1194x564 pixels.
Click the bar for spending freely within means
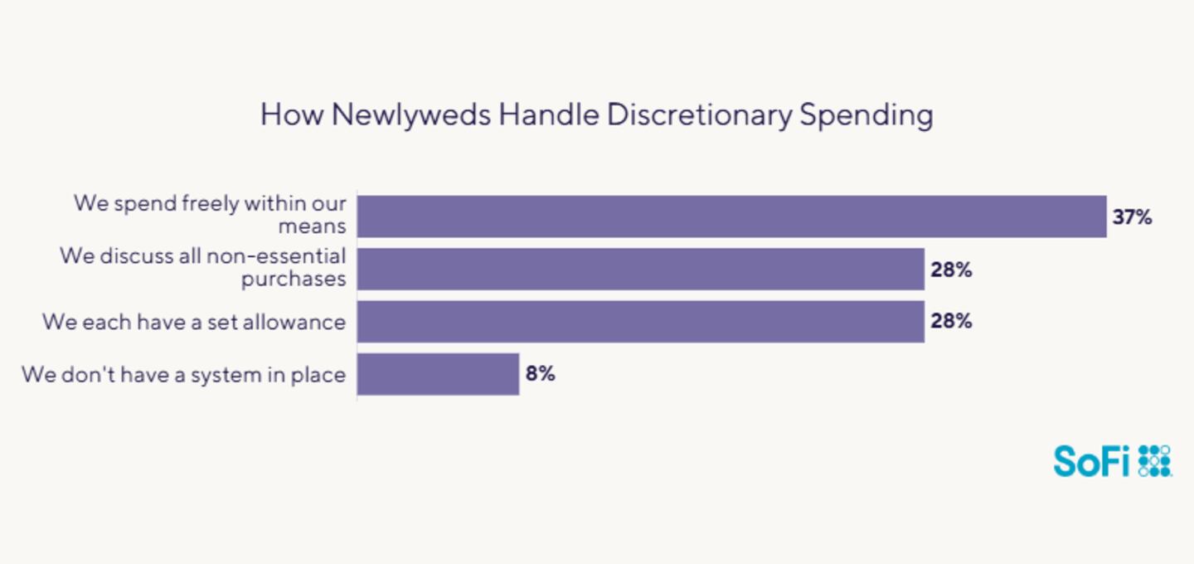tap(731, 216)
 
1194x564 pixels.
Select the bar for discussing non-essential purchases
tap(640, 269)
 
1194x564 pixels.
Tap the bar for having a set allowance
tap(640, 321)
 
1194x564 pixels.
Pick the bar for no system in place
tap(438, 373)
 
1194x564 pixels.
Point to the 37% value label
tap(1132, 217)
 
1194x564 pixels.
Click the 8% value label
tap(540, 373)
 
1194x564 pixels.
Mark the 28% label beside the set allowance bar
tap(950, 321)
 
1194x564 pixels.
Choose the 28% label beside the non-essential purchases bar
tap(950, 270)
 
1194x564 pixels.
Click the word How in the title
tap(292, 114)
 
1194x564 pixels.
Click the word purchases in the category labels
tap(294, 280)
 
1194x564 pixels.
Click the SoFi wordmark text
tap(1091, 460)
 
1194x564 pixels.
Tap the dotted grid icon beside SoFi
tap(1154, 460)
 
